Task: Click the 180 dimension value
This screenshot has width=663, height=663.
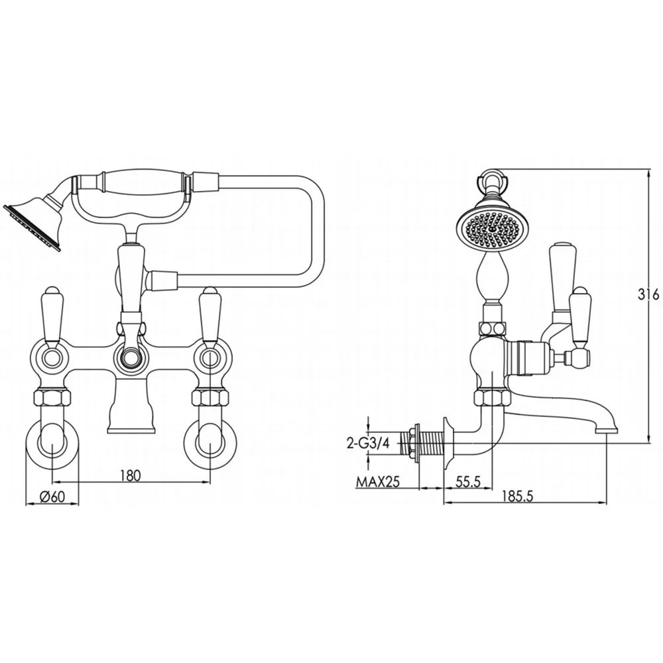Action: [130, 475]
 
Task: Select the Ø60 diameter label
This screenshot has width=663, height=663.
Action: [52, 496]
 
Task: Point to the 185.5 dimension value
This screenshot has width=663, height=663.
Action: [518, 496]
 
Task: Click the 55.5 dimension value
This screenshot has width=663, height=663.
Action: [468, 481]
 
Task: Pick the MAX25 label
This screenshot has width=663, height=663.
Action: [378, 481]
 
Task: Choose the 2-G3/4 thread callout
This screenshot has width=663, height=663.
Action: [367, 443]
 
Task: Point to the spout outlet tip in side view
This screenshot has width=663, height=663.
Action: [607, 430]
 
